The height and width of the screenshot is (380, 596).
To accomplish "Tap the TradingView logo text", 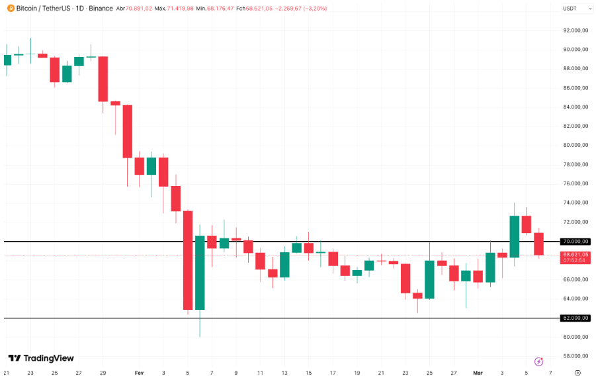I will [x=41, y=358].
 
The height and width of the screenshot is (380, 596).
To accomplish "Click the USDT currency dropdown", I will [x=570, y=9].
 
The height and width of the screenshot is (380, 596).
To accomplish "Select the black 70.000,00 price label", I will [x=575, y=242].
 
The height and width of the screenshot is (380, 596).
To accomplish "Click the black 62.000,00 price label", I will [x=575, y=318].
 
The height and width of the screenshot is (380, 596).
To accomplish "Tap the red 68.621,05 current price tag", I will [x=575, y=255].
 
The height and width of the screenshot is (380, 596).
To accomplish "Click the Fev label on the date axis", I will [x=139, y=373].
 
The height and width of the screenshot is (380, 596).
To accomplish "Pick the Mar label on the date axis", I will [x=478, y=373].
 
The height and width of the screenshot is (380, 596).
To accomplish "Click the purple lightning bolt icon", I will [x=539, y=361].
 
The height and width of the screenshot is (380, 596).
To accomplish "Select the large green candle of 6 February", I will [x=200, y=272].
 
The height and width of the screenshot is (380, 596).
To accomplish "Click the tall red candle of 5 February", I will [x=188, y=260].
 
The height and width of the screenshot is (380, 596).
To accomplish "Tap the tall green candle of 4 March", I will [x=514, y=236].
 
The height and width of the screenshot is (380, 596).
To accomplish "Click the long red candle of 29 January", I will [x=103, y=79].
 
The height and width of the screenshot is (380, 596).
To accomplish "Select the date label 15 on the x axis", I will [x=308, y=373].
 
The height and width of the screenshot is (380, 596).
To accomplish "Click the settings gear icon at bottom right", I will [x=578, y=373].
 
